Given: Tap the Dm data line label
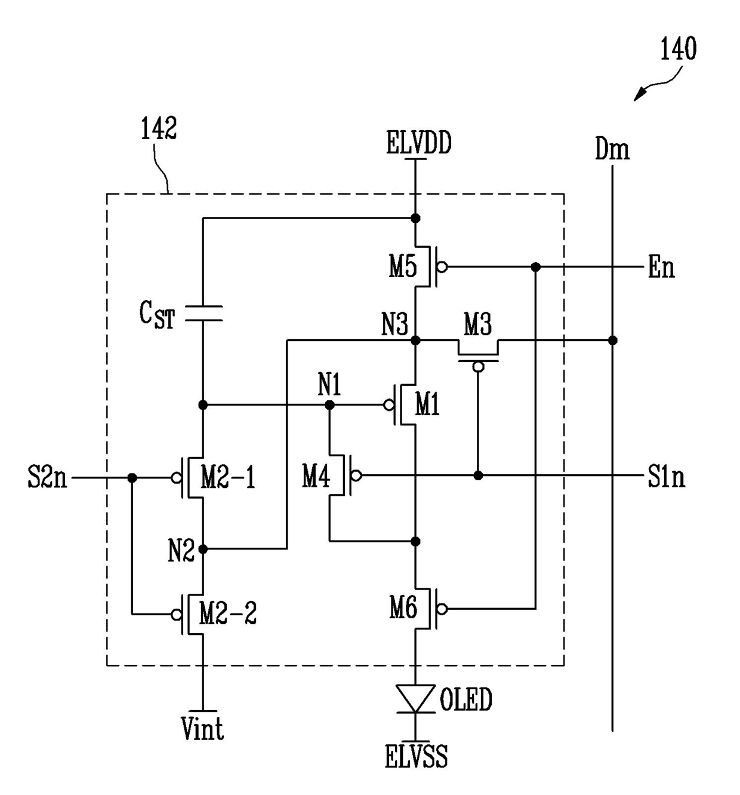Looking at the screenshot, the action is pos(612,149).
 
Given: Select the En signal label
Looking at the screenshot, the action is pos(661,267).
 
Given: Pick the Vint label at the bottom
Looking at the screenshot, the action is pos(202,728).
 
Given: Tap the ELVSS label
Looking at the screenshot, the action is pos(416,756).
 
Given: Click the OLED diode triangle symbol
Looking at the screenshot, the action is pos(415,698).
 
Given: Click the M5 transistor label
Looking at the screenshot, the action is pos(403,266).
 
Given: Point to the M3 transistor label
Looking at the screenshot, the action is pos(477,324).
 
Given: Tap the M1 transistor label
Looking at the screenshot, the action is pos(427,404).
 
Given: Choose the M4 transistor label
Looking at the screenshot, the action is pos(316,477).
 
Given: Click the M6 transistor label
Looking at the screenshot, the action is pos(403,607).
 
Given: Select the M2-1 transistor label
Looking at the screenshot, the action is pos(228,477).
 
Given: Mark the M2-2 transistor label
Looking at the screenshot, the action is pos(228,613).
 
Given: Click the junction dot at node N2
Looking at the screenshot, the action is pos(203,549).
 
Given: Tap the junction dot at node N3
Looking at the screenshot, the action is pos(415,340).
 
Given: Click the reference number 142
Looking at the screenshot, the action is pos(158,128).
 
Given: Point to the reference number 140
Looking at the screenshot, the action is pos(678,48).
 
